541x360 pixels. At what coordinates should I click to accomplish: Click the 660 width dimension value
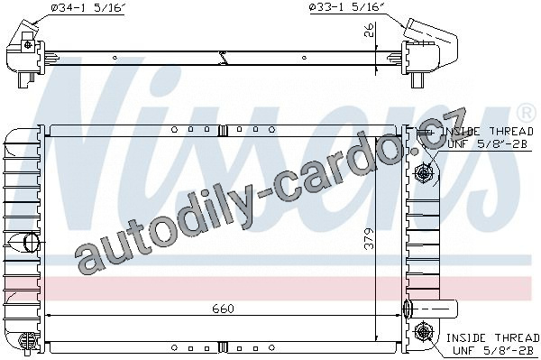tap(223, 309)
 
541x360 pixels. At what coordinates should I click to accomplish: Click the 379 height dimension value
tap(369, 238)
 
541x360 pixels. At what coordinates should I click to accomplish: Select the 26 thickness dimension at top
tap(369, 30)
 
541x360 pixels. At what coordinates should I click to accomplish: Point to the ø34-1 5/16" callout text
tap(87, 7)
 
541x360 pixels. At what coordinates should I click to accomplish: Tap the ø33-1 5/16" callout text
tap(347, 7)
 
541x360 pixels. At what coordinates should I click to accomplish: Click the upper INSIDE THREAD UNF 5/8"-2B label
tap(487, 137)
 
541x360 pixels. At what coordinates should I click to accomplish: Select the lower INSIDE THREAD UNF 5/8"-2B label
tap(492, 344)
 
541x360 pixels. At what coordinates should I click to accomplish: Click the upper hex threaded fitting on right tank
tap(422, 172)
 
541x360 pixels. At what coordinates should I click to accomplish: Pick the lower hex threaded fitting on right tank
tap(422, 331)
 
